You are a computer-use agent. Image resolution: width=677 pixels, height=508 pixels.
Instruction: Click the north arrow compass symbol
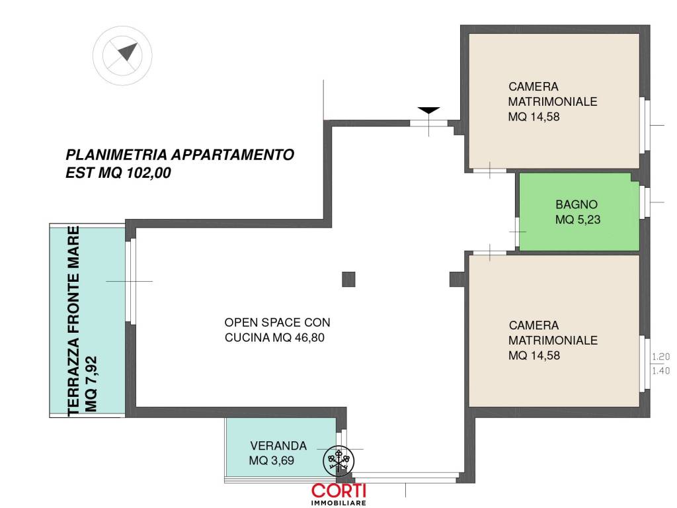point(122,56)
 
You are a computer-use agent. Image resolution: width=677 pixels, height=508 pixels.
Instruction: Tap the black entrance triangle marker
point(428,110)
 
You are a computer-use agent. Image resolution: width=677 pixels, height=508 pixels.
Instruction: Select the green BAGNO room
point(578,212)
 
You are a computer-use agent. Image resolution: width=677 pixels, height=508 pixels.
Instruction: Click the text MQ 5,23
point(578,220)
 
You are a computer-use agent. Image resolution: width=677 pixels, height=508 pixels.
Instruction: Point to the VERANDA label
point(278,446)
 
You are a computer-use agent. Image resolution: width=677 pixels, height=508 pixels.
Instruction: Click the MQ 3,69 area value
point(272,461)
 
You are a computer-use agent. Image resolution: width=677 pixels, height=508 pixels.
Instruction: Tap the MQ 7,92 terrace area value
point(91,384)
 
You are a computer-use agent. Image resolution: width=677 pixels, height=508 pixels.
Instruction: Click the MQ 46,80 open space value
point(299,337)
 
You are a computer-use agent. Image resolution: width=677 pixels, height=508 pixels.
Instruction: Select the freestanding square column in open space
point(348,280)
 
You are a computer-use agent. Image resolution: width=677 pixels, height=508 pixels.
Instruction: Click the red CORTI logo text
point(339,491)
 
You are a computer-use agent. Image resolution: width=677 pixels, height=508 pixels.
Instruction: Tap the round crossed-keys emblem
point(339,461)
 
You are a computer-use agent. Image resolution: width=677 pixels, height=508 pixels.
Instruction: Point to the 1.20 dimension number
point(660,357)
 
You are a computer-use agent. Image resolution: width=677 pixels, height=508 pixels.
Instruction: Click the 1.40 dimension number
point(660,370)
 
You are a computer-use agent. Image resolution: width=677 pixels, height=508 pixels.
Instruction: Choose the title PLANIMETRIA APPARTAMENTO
point(180,155)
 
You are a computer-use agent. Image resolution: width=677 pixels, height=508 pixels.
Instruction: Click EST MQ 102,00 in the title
point(118,173)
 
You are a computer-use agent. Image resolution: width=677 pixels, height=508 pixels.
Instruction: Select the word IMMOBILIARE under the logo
point(338,503)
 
